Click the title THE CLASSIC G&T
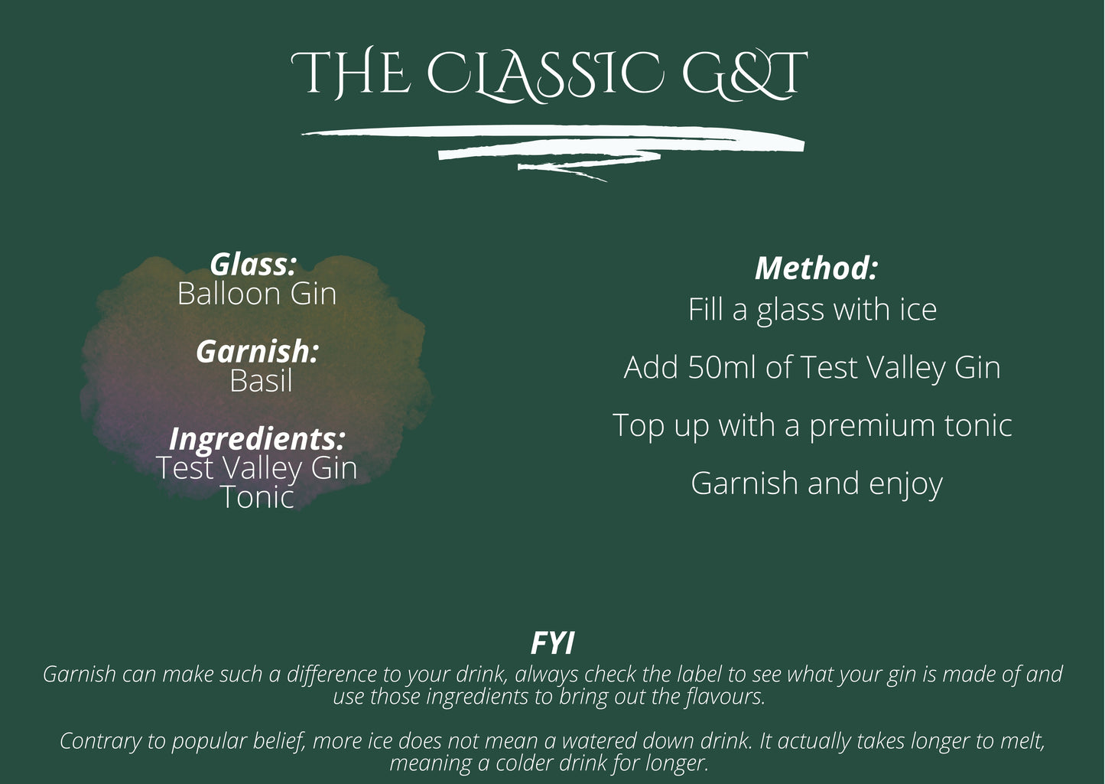tap(549, 74)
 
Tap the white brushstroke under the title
tap(552, 142)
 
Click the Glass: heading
tap(253, 265)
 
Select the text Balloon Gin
tap(257, 294)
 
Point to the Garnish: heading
tap(257, 352)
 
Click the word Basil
tap(261, 381)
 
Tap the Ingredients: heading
tap(257, 439)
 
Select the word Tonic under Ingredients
tap(257, 498)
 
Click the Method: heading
tap(815, 268)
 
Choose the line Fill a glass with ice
tap(812, 310)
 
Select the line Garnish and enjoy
tap(816, 483)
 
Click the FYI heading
tap(552, 644)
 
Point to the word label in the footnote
tap(700, 675)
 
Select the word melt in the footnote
tap(1022, 741)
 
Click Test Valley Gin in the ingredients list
tap(257, 468)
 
